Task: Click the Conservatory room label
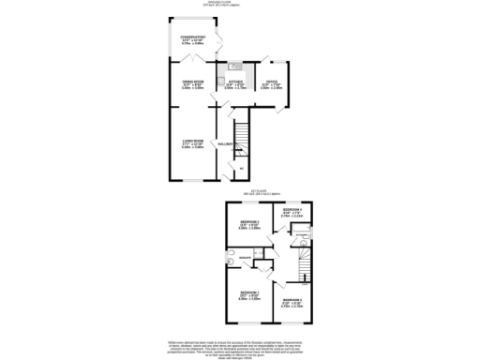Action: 193,37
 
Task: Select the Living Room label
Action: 193,142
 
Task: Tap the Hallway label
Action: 226,143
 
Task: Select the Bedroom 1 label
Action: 249,293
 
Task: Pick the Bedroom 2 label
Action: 248,222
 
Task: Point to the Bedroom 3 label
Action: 292,302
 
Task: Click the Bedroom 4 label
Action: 292,212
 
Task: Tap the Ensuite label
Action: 244,256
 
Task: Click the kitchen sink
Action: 234,67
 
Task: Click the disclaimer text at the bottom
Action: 240,346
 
